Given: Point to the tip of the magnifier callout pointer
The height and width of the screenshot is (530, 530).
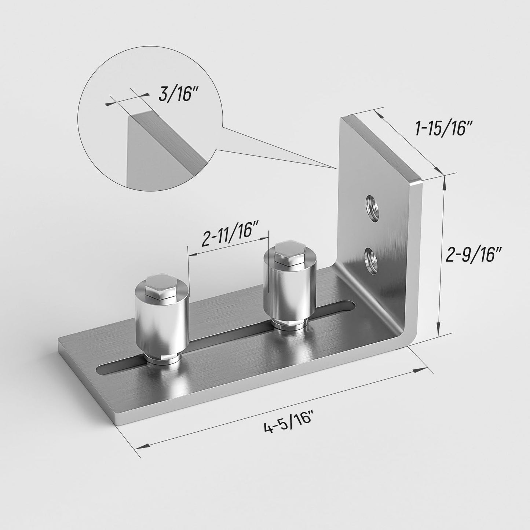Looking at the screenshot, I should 337,168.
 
